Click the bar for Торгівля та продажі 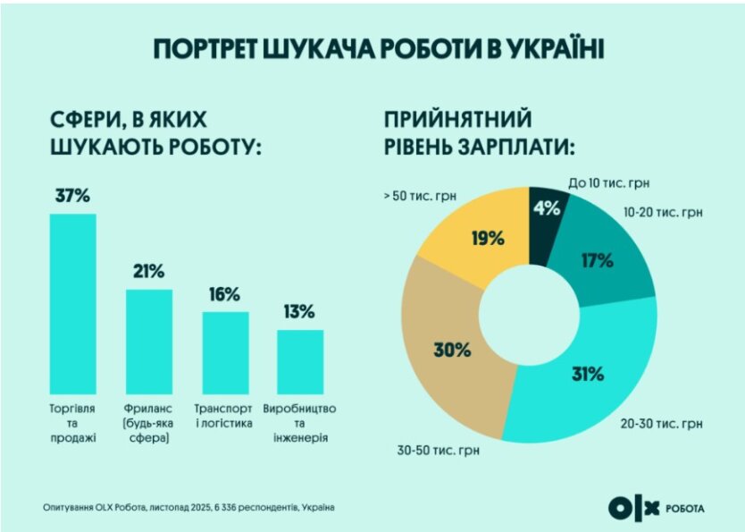72,304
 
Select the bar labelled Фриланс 149,342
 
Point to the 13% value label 300,312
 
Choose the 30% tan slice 451,349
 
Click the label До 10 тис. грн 608,182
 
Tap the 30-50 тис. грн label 439,450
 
